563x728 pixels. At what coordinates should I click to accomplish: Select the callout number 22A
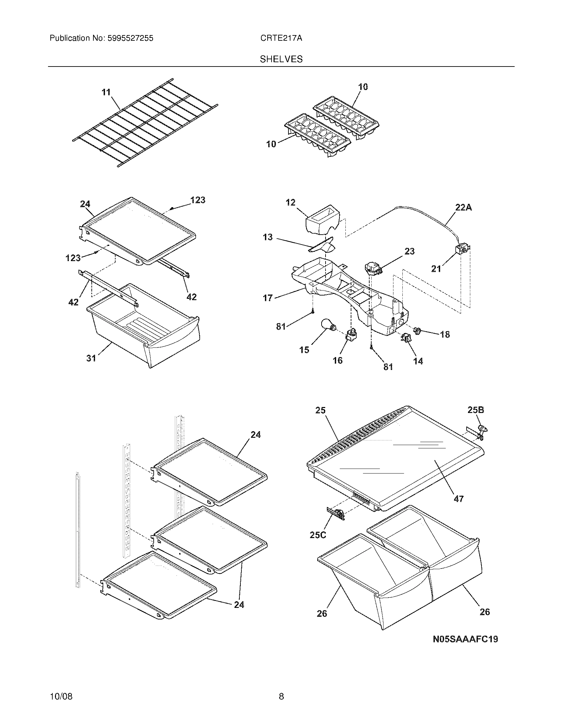click(464, 207)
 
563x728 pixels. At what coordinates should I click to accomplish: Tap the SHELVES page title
click(281, 59)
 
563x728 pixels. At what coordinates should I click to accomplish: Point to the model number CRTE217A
click(281, 38)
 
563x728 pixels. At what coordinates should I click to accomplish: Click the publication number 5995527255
click(130, 38)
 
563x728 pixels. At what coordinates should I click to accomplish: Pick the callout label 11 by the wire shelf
click(106, 92)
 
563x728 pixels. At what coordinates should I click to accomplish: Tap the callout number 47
click(459, 508)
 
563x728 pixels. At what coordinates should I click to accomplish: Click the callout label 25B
click(476, 410)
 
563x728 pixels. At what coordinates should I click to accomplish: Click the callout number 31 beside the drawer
click(91, 358)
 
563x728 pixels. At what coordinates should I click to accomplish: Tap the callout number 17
click(268, 298)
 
